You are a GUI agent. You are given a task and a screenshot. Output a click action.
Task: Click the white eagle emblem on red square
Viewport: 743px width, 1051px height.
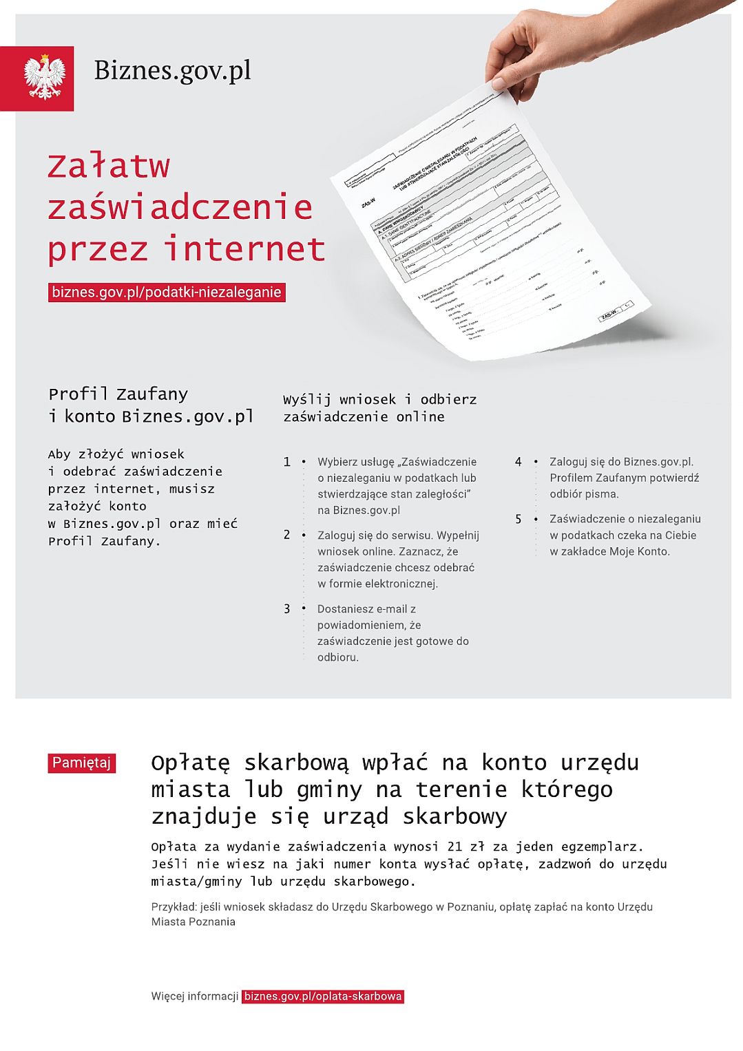point(44,78)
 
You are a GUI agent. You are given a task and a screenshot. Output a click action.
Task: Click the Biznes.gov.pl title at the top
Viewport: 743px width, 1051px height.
point(172,70)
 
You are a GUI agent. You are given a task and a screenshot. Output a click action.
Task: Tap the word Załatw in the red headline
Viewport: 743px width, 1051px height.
point(108,167)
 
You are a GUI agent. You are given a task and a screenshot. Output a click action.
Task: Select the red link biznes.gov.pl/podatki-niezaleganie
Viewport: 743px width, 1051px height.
point(167,292)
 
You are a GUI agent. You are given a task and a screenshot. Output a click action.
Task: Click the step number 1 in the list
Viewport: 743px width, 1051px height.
point(287,462)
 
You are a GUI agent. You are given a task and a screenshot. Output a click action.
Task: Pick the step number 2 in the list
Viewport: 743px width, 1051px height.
point(287,535)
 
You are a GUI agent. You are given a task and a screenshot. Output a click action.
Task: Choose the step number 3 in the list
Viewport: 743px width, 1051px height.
point(287,608)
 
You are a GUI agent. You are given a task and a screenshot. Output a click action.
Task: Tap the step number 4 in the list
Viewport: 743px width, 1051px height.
point(518,462)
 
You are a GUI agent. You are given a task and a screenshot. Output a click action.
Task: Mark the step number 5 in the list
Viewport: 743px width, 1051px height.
point(518,519)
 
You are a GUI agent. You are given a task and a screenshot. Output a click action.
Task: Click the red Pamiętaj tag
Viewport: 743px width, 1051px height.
point(81,763)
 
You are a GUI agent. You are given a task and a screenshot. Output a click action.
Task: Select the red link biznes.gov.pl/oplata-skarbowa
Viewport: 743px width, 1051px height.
point(323,996)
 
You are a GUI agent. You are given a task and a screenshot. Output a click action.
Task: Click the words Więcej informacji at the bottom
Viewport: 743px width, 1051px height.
point(195,996)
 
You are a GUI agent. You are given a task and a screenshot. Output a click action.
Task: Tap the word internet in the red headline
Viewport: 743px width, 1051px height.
point(244,249)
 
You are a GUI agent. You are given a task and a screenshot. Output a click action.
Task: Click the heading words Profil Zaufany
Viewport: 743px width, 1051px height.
point(118,394)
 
